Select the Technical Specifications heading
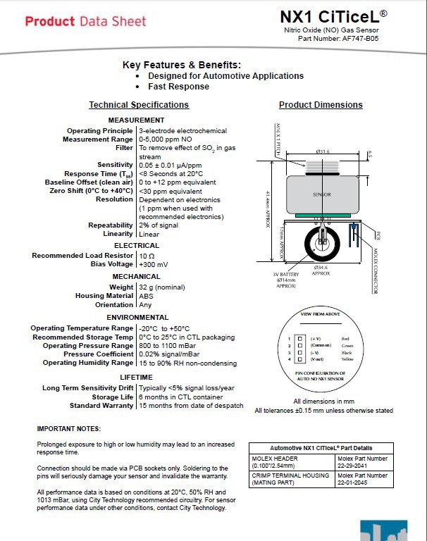coord(139,105)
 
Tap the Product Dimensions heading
coord(321,105)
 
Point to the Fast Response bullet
coord(178,86)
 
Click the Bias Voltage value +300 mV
coord(153,264)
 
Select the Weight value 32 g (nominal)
coord(162,287)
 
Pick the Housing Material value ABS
coord(146,296)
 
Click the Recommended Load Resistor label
coord(82,256)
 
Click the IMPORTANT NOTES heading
coord(68,429)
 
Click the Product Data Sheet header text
coord(86,21)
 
